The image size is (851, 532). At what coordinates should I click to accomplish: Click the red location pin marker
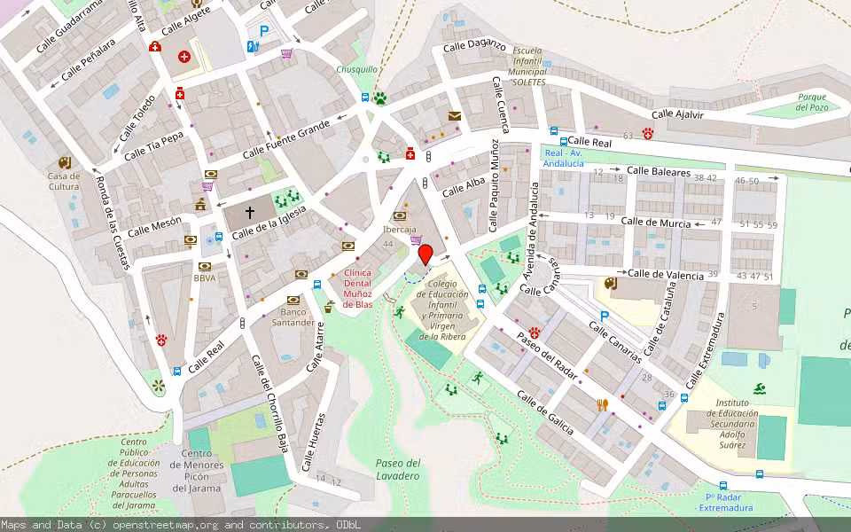(x=425, y=254)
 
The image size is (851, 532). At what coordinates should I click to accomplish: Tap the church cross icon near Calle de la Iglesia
(x=250, y=214)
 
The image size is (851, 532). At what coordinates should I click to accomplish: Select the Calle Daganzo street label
(x=474, y=45)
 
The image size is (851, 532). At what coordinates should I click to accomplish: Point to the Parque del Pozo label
(x=811, y=102)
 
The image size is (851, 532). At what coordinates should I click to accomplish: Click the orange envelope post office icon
(x=455, y=116)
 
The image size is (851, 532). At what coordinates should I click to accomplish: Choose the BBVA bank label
(x=205, y=278)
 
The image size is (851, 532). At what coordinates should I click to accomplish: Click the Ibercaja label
(x=399, y=229)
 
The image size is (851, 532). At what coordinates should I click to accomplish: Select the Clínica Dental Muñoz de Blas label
(x=357, y=288)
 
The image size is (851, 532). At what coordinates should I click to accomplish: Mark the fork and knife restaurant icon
(x=603, y=404)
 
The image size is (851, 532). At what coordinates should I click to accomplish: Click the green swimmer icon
(x=761, y=388)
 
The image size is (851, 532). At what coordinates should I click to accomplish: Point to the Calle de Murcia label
(x=656, y=223)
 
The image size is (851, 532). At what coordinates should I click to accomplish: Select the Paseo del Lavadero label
(x=397, y=469)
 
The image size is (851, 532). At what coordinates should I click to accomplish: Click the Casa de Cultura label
(x=64, y=181)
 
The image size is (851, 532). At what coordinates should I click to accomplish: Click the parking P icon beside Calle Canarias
(x=605, y=316)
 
